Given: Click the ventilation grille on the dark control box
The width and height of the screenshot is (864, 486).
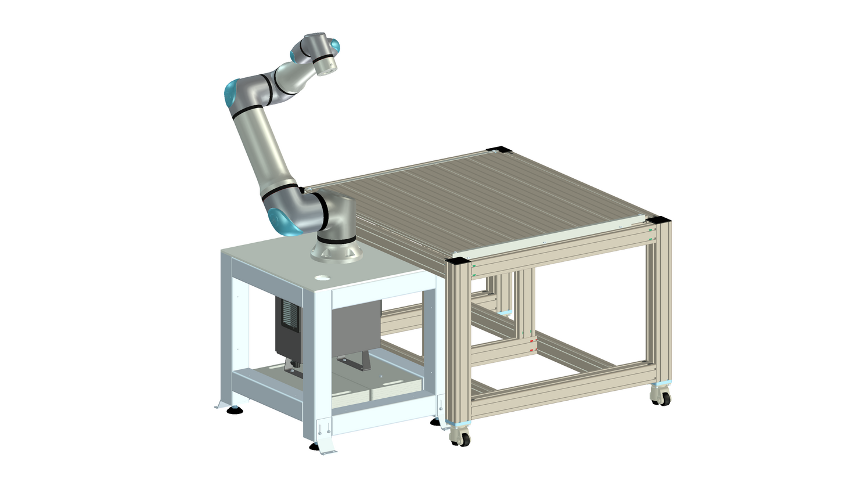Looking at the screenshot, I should pos(289,317).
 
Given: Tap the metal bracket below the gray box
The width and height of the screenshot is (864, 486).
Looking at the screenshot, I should pos(355,363).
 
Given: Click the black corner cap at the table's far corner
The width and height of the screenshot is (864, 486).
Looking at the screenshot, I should pos(498,149).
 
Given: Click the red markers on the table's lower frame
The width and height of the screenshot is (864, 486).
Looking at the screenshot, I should pos(532,346).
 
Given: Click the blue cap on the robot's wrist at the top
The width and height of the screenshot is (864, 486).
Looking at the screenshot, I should pos(333,45).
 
